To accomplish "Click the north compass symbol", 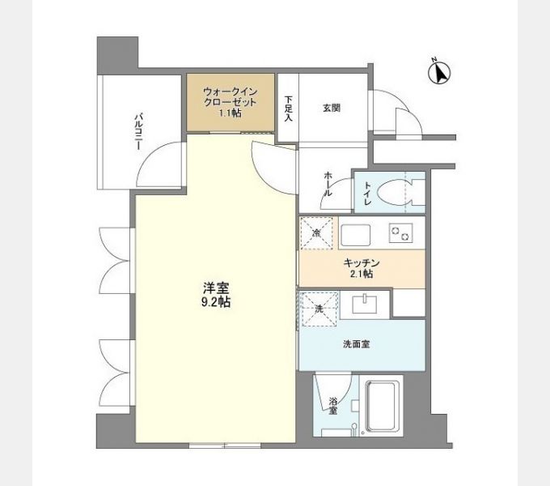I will (x=438, y=72).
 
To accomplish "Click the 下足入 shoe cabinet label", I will (x=288, y=109).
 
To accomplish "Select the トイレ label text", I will (x=368, y=194).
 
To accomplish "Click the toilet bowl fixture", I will (x=400, y=193).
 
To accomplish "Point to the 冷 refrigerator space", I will (x=315, y=233).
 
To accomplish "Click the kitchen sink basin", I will (x=355, y=234).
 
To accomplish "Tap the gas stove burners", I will (x=400, y=233).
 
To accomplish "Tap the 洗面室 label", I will (x=357, y=343).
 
